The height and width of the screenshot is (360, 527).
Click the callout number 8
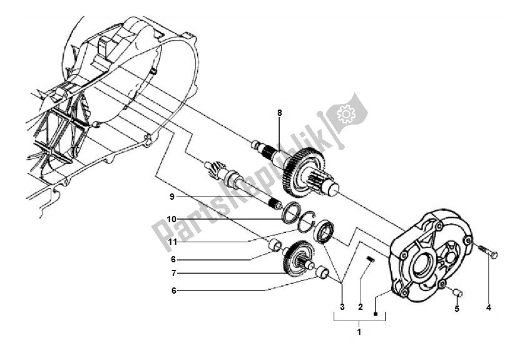click(x=280, y=113)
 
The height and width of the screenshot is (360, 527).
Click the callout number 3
click(x=342, y=307)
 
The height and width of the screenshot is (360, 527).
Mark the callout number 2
click(x=361, y=307)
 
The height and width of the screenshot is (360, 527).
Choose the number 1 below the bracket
click(x=359, y=331)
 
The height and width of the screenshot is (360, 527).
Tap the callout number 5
click(x=456, y=309)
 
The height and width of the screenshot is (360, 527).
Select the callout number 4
click(x=488, y=307)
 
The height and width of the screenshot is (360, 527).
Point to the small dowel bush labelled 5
click(x=457, y=291)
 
